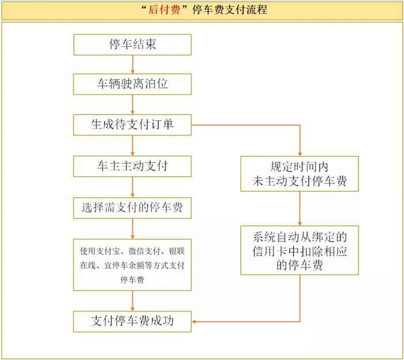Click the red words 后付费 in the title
(164, 10)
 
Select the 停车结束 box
(132, 44)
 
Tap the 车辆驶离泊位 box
(132, 84)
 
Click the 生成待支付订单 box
(132, 125)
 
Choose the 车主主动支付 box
(132, 166)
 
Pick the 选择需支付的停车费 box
(132, 208)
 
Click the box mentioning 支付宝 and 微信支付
(132, 265)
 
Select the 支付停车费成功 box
(132, 321)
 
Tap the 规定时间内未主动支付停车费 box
(300, 173)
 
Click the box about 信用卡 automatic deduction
(300, 250)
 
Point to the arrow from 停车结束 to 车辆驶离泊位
(133, 65)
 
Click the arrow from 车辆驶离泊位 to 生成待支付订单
(133, 105)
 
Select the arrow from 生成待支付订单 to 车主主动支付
(133, 146)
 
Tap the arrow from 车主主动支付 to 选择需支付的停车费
(133, 187)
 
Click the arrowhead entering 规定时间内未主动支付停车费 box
(300, 154)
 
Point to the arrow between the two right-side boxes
(300, 209)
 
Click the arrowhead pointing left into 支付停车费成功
(194, 322)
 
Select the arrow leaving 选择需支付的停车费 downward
(133, 229)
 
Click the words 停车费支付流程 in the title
(230, 10)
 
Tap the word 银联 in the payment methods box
(177, 251)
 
